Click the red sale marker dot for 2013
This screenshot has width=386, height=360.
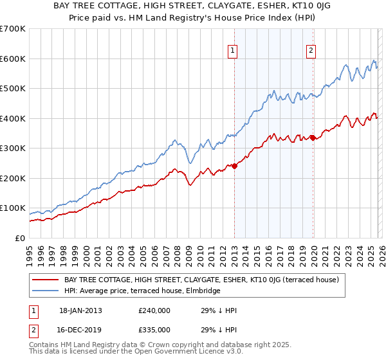(234, 166)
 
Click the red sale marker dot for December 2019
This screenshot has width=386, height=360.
(313, 138)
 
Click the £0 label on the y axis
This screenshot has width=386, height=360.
(21, 239)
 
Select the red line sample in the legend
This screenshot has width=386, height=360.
(46, 280)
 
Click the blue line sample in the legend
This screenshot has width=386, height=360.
(46, 291)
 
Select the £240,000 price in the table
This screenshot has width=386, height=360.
(154, 310)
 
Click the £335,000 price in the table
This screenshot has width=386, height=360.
(154, 329)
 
